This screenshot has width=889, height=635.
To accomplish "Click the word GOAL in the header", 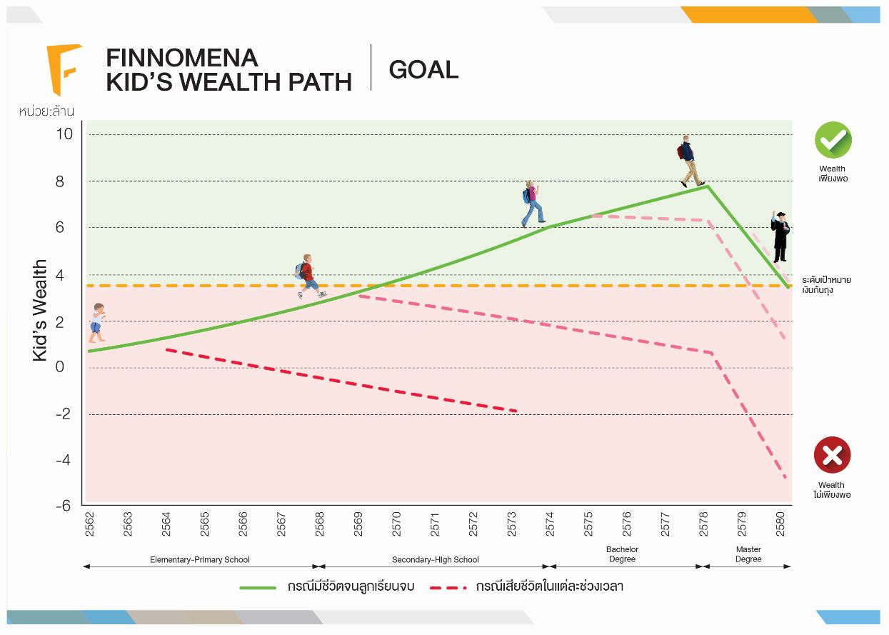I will coord(423,69).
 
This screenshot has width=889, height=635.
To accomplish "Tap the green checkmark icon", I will coord(833,140).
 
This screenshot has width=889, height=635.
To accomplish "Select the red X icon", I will coord(832,455).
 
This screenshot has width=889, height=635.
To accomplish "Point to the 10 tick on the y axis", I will coord(65,134).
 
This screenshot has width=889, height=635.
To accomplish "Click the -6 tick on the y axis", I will coord(64,505).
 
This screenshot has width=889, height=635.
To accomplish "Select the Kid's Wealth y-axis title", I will coord(40,310).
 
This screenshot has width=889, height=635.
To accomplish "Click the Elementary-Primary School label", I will coord(200,560).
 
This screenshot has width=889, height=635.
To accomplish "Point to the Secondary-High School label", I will coord(436,560).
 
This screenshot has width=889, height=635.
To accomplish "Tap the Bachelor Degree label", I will coord(623,554).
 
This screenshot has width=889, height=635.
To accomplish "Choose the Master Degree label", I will coord(748,554).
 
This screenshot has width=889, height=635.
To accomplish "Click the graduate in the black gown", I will coord(779,236).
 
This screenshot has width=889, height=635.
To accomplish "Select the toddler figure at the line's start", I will coord(96,322).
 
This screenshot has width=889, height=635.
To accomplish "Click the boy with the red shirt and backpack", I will coord(308,276).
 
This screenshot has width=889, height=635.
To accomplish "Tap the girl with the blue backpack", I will coord(531,203).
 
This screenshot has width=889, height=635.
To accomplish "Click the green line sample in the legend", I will coord(257,587).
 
